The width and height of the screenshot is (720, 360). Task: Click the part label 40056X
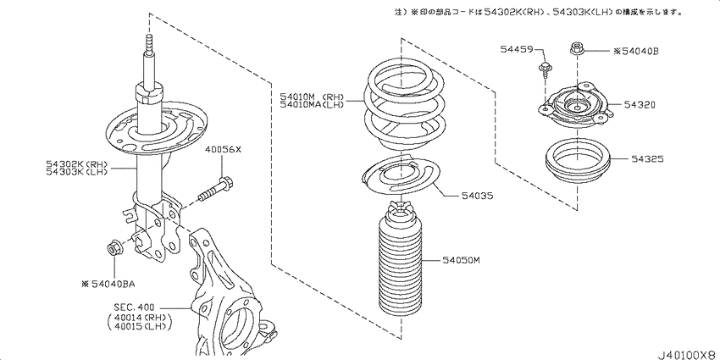pos(223,150)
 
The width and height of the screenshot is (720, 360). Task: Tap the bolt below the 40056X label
pos(215,190)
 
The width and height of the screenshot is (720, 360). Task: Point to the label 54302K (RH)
pos(76,164)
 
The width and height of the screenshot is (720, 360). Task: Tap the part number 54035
pos(478,196)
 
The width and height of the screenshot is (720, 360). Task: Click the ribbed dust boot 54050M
pos(401,263)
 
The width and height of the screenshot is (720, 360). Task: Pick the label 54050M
pos(461,261)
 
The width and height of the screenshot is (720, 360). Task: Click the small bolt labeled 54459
pos(545,70)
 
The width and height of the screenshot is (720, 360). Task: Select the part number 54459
pos(517,48)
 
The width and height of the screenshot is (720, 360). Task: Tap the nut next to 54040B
pos(576,48)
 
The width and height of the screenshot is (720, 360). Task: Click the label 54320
pos(640,105)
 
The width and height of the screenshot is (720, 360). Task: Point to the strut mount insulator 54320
pos(574,108)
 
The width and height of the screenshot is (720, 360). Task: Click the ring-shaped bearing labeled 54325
pos(578,163)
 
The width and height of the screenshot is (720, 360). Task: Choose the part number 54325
pos(647,159)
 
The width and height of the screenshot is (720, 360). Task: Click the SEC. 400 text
pos(135,307)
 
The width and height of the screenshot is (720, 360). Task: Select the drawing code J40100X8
pos(689,355)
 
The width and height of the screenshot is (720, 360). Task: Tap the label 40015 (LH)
pos(139,326)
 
